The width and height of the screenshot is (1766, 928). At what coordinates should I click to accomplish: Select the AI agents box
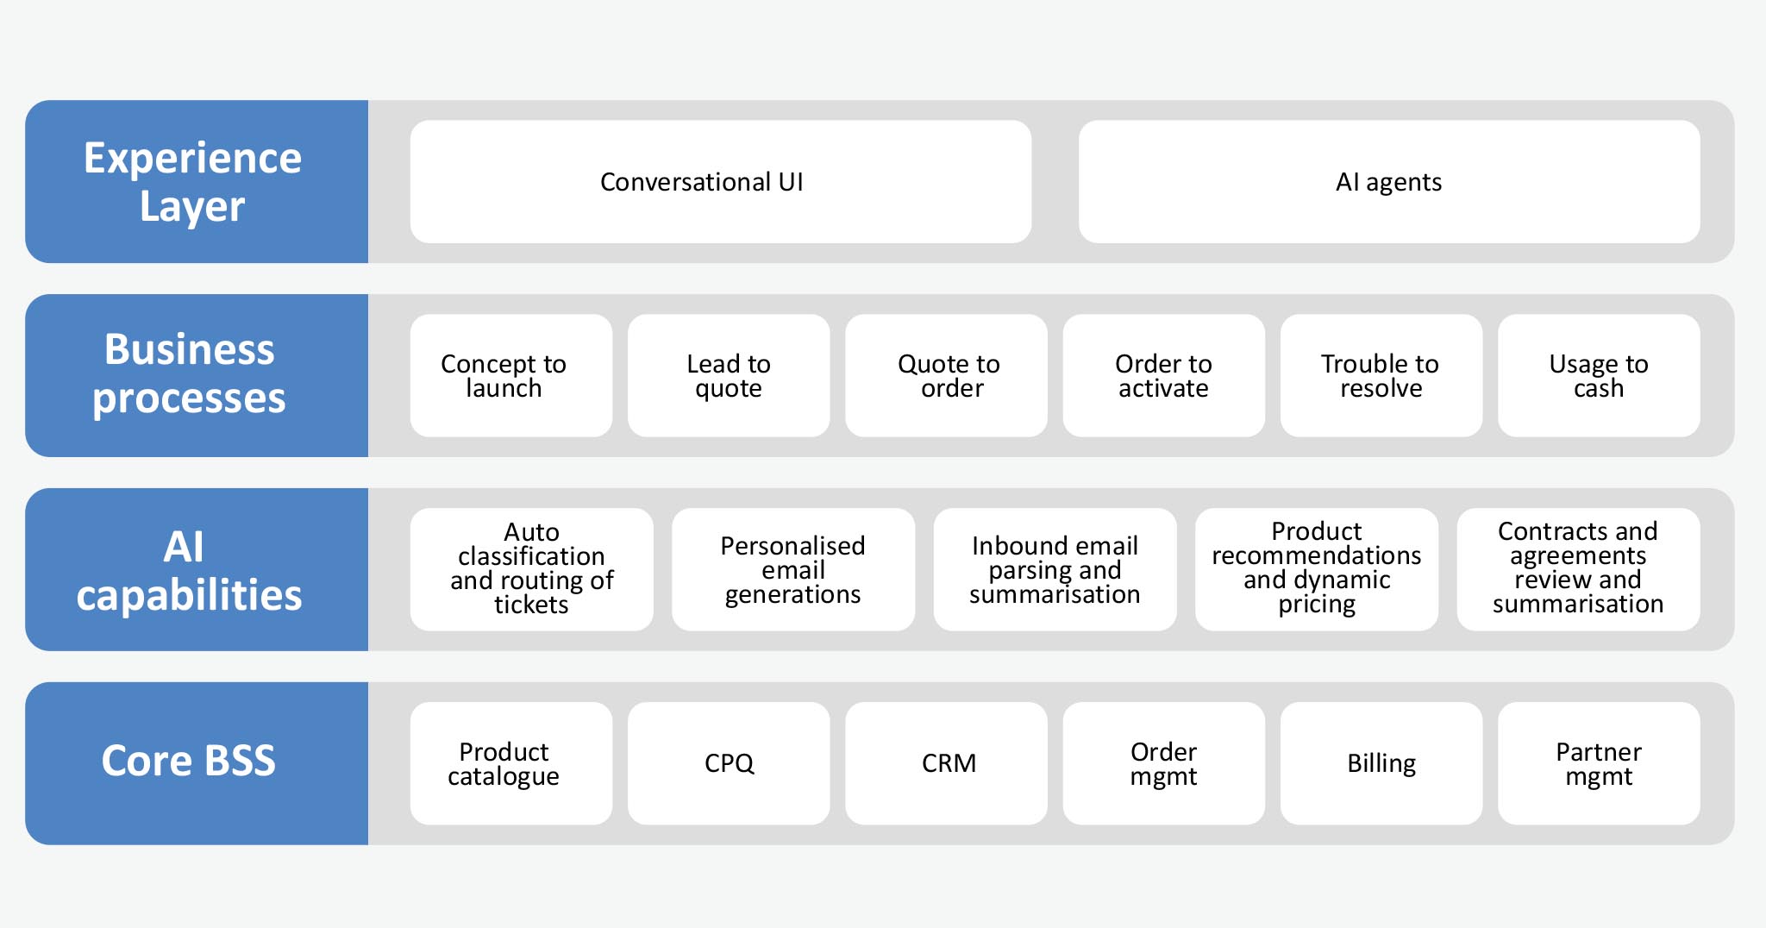pyautogui.click(x=1388, y=182)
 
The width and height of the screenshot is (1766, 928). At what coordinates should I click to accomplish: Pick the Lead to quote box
pyautogui.click(x=729, y=375)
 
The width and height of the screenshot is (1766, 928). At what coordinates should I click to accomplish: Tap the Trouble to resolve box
pyautogui.click(x=1381, y=375)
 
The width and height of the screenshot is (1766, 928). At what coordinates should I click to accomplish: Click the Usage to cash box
pyautogui.click(x=1598, y=375)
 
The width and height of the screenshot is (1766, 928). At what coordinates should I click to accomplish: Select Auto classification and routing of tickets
pyautogui.click(x=531, y=569)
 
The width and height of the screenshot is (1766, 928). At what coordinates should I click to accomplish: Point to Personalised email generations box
pyautogui.click(x=792, y=569)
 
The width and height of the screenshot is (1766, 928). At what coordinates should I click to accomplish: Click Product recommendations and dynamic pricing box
pyautogui.click(x=1316, y=569)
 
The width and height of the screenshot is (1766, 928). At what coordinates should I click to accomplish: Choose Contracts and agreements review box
pyautogui.click(x=1578, y=569)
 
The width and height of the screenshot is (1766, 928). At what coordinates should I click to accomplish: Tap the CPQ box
pyautogui.click(x=729, y=762)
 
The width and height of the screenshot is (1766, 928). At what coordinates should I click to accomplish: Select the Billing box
pyautogui.click(x=1381, y=762)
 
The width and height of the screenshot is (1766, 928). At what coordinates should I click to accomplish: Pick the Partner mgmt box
pyautogui.click(x=1598, y=762)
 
